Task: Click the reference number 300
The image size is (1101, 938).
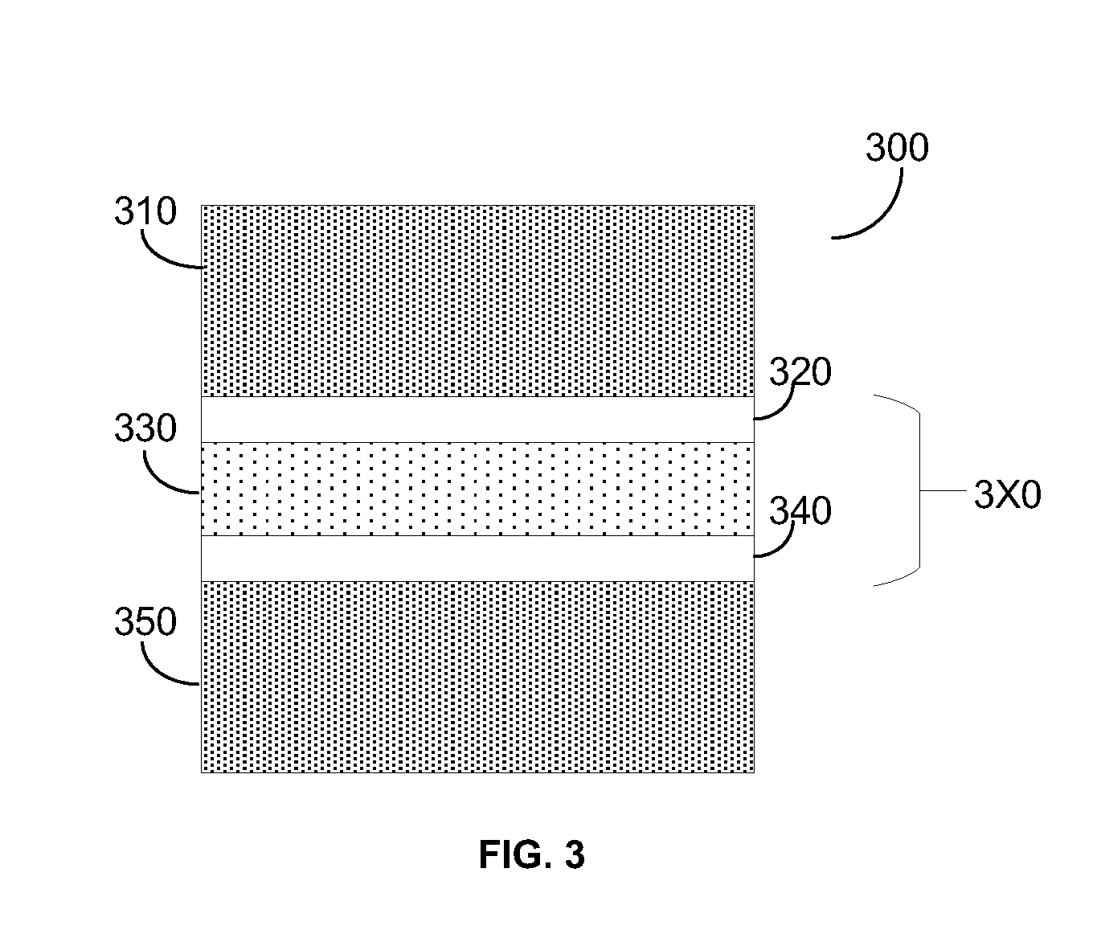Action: click(x=897, y=148)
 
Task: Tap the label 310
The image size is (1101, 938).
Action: click(x=145, y=211)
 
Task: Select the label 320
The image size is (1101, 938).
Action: click(x=800, y=372)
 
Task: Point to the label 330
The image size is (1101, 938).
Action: click(x=145, y=428)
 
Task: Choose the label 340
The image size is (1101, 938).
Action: click(x=800, y=511)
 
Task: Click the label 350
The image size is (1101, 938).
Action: click(x=145, y=621)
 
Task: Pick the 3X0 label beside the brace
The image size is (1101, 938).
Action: click(x=1007, y=494)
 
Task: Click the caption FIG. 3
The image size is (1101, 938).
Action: click(x=531, y=855)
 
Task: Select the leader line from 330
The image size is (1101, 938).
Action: click(x=160, y=482)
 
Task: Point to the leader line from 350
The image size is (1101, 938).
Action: click(x=160, y=674)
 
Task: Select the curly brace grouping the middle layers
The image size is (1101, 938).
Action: click(x=920, y=490)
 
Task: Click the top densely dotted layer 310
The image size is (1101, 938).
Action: click(x=477, y=301)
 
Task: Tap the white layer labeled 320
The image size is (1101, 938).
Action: click(x=477, y=420)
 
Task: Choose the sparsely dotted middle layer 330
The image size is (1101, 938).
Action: click(x=477, y=489)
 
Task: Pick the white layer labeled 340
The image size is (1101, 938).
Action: click(x=477, y=559)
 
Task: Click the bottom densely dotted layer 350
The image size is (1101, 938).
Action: click(x=477, y=677)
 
